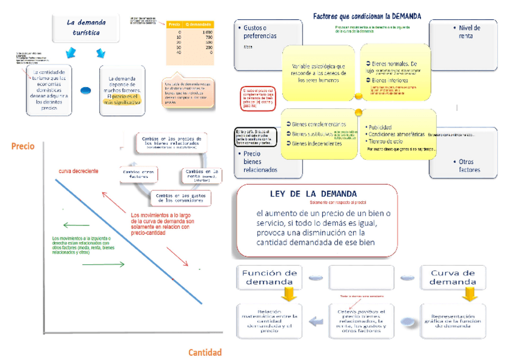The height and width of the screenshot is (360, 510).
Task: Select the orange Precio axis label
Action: (23, 146)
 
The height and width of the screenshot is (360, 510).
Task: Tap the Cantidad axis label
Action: (204, 352)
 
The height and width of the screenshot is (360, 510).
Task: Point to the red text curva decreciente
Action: (78, 171)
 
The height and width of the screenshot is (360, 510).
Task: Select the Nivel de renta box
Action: (465, 36)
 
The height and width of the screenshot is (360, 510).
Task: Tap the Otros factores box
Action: (465, 165)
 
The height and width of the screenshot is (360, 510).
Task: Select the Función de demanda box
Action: (269, 277)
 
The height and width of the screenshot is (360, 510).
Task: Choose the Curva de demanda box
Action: (453, 277)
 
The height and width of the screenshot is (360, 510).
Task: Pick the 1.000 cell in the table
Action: (207, 31)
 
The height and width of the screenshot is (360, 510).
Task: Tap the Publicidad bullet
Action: (381, 127)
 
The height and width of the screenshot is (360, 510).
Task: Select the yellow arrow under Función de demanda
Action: (289, 294)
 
